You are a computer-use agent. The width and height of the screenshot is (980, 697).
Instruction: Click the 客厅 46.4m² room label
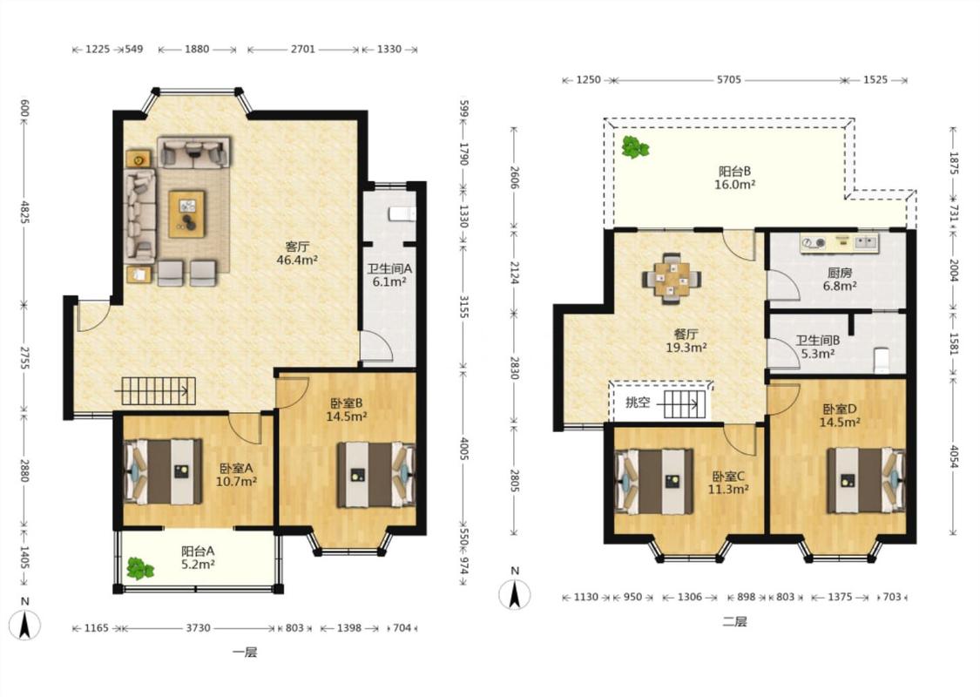298,254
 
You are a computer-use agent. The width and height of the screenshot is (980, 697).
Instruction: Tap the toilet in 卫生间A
402,213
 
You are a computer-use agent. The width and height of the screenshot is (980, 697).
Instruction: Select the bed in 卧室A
164,471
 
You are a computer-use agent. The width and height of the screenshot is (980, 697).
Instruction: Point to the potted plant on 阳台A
140,568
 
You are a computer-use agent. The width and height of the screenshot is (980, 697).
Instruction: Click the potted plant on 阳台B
636,147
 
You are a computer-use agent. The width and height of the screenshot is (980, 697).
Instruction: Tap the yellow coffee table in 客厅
186,213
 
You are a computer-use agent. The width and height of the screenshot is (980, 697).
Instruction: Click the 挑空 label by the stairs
637,402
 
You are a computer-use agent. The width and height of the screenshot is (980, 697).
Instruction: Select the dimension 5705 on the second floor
729,79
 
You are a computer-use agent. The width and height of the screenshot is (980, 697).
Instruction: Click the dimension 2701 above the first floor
302,49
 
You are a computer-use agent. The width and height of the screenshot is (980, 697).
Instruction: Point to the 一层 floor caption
245,653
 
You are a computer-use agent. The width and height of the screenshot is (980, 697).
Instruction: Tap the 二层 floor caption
734,621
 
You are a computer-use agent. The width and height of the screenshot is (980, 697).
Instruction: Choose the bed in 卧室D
866,477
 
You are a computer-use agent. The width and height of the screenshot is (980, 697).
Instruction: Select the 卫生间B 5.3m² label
817,347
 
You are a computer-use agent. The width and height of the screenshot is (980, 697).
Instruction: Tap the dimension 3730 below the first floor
198,627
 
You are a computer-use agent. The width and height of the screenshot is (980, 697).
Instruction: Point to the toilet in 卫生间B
880,360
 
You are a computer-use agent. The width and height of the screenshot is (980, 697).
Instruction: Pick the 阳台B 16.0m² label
734,178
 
